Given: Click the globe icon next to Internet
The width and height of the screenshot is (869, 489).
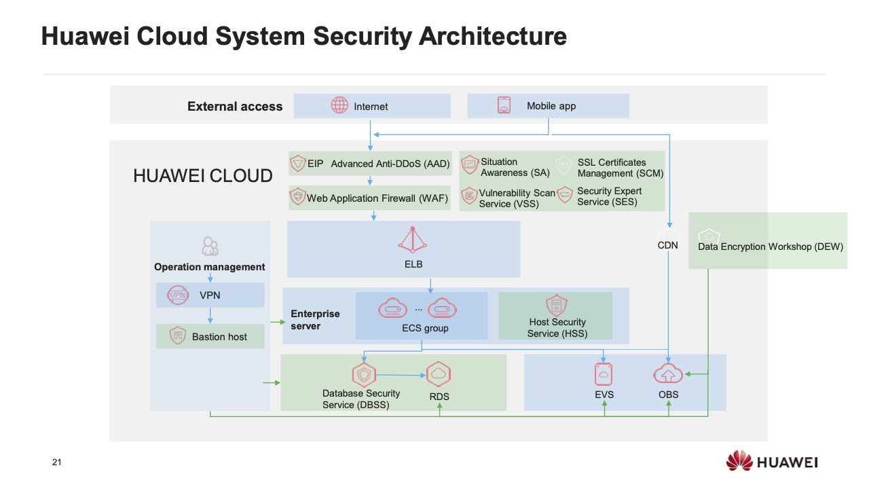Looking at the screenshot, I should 339,105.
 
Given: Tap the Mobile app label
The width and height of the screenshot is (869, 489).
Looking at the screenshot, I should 551,106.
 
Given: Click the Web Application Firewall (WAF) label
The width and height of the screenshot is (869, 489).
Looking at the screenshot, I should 377,198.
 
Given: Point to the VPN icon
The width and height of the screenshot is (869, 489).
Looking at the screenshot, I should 178,295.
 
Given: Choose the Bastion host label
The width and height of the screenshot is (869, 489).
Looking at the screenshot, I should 219,337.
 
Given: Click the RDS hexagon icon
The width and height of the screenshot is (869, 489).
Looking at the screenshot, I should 439,374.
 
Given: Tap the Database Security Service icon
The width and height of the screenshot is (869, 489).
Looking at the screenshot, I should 364,374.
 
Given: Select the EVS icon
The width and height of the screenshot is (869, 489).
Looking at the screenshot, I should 604,374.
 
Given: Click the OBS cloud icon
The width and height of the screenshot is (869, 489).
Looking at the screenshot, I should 668,374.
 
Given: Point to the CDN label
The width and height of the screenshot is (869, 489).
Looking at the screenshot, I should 667,246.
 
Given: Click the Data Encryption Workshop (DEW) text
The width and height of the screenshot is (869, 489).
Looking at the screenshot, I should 771,247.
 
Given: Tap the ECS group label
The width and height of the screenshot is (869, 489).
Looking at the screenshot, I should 425,329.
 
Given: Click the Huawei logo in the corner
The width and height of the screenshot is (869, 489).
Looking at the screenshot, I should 771,463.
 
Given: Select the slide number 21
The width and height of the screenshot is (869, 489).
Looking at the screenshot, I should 56,463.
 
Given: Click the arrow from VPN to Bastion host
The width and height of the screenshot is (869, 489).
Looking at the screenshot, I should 210,315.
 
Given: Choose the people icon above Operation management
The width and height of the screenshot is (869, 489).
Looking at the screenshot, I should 210,246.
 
